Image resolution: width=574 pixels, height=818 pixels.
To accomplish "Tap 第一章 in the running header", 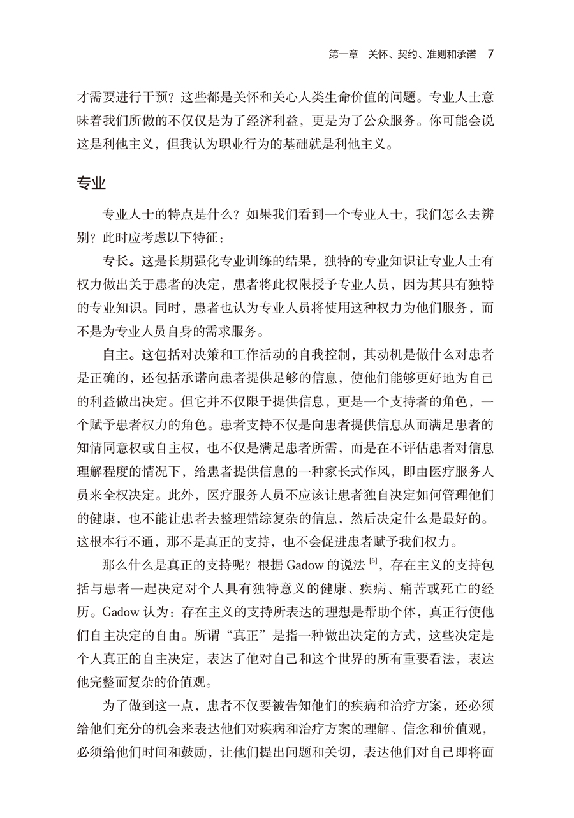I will click(344, 54).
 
